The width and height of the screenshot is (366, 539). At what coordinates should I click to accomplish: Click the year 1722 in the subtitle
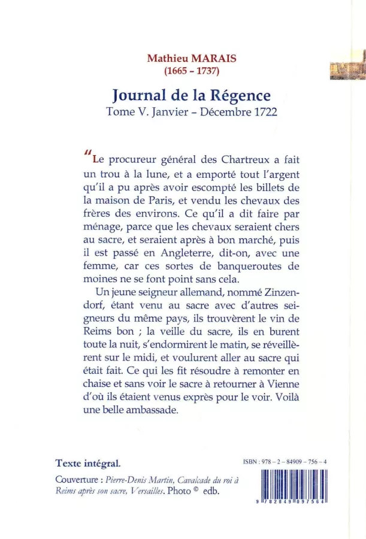265,113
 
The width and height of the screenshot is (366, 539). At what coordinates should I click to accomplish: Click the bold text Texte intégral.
87,464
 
